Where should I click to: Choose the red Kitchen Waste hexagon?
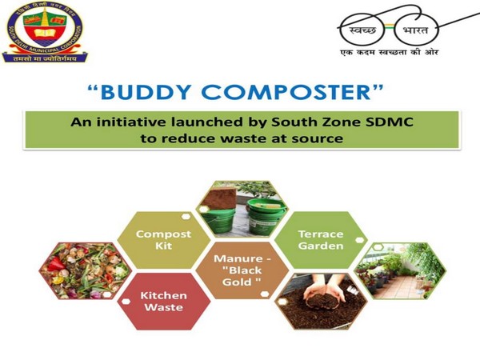coord(164,302)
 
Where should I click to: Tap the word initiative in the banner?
coord(141,122)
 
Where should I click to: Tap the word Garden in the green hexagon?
coord(321,246)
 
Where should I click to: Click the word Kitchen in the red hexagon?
coord(164,295)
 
